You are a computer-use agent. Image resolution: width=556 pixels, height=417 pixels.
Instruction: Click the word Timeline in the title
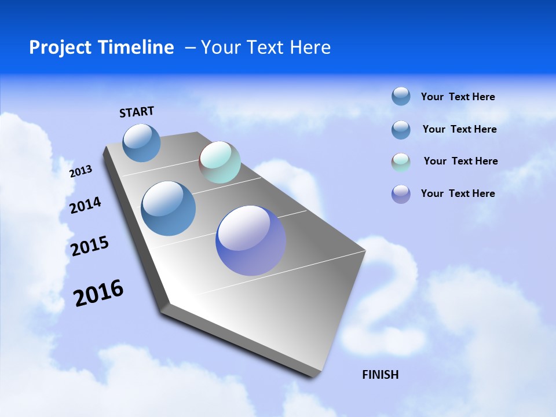pyautogui.click(x=138, y=47)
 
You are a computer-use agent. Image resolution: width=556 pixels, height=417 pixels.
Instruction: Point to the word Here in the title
pyautogui.click(x=310, y=47)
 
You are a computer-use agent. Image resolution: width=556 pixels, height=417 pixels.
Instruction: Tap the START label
pyautogui.click(x=137, y=112)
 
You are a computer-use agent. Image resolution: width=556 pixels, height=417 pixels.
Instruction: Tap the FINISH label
pyautogui.click(x=381, y=375)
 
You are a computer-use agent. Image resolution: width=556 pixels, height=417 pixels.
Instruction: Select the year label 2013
pyautogui.click(x=81, y=171)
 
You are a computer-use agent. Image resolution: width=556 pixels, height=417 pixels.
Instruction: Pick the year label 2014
pyautogui.click(x=85, y=206)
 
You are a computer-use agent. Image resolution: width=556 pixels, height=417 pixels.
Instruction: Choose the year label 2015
pyautogui.click(x=90, y=247)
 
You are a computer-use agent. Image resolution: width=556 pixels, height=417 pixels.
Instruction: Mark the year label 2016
pyautogui.click(x=98, y=293)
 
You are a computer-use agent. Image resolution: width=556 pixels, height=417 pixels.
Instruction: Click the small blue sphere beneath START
pyautogui.click(x=142, y=143)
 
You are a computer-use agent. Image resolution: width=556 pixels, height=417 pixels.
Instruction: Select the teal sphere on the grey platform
pyautogui.click(x=220, y=162)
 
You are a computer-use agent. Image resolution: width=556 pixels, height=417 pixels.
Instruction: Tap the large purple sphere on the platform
pyautogui.click(x=251, y=240)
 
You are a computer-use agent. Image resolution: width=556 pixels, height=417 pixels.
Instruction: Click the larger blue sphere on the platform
pyautogui.click(x=168, y=209)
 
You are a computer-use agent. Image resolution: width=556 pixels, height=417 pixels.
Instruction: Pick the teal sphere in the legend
pyautogui.click(x=401, y=162)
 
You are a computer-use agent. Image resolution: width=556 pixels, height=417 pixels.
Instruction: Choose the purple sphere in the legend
pyautogui.click(x=401, y=194)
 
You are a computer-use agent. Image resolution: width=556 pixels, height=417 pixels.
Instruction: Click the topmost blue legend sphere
pyautogui.click(x=401, y=96)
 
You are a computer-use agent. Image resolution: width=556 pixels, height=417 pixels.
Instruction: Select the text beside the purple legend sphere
pyautogui.click(x=458, y=193)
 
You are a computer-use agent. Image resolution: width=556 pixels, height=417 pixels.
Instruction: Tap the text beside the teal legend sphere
pyautogui.click(x=460, y=161)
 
